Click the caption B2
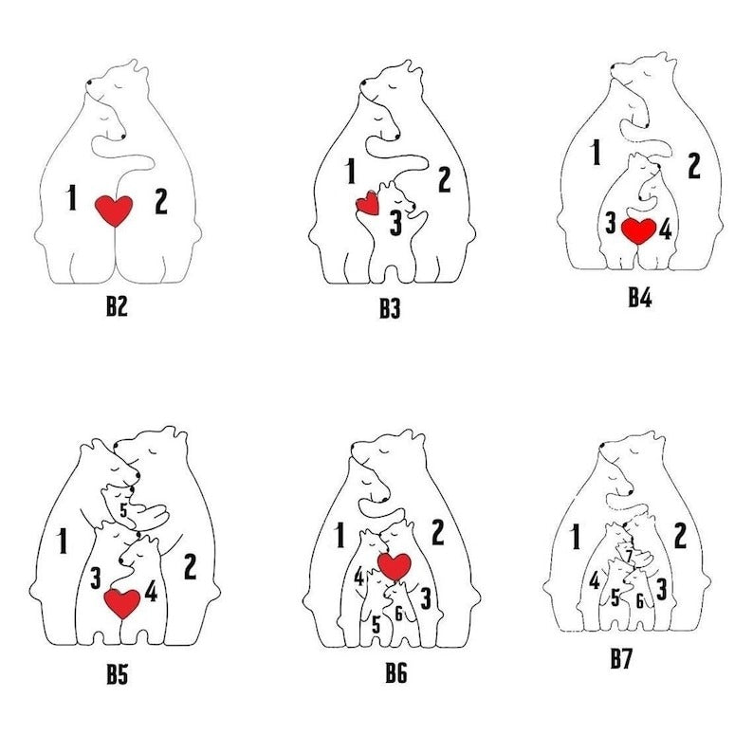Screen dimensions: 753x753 point(117,306)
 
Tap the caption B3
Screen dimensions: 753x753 point(390,308)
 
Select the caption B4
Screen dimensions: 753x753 point(640,298)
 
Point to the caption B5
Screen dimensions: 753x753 point(118,674)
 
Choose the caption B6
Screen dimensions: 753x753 point(396,672)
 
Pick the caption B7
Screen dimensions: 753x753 point(621,658)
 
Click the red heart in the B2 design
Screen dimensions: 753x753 point(114,211)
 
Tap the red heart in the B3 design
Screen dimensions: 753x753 point(368,203)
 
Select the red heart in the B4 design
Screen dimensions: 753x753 point(638,231)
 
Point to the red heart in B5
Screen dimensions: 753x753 point(122,603)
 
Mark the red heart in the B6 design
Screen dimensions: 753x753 point(395,566)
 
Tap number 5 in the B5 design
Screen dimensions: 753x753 point(123,510)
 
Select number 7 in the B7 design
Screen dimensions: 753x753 point(629,556)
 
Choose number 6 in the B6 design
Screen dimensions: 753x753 point(398,614)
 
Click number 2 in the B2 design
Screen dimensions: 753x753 point(161,202)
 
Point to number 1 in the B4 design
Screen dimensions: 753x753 point(596,153)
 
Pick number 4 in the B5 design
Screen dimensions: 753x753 point(152,591)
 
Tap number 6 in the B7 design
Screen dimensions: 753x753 point(639,601)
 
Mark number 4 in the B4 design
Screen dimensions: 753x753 point(665,230)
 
